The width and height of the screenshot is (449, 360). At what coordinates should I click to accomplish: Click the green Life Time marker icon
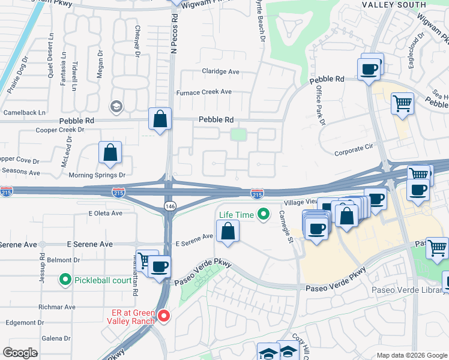coord(262,214)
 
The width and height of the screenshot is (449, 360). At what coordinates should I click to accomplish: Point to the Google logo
coord(20,353)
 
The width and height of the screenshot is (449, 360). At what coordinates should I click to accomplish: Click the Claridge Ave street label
coord(220,71)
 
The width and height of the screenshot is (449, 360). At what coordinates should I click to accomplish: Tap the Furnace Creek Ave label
coord(203,92)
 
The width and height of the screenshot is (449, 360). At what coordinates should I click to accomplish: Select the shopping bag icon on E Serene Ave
coord(228,231)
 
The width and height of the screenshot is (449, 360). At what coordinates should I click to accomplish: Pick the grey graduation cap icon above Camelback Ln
coord(116,107)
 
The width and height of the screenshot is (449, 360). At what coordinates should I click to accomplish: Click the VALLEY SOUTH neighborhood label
coord(394,5)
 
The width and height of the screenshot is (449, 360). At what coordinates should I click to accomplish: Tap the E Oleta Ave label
coord(105,213)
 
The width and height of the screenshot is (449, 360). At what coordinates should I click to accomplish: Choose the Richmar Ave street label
coord(57,307)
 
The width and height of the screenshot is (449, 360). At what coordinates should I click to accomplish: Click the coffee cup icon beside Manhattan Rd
coord(159,266)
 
